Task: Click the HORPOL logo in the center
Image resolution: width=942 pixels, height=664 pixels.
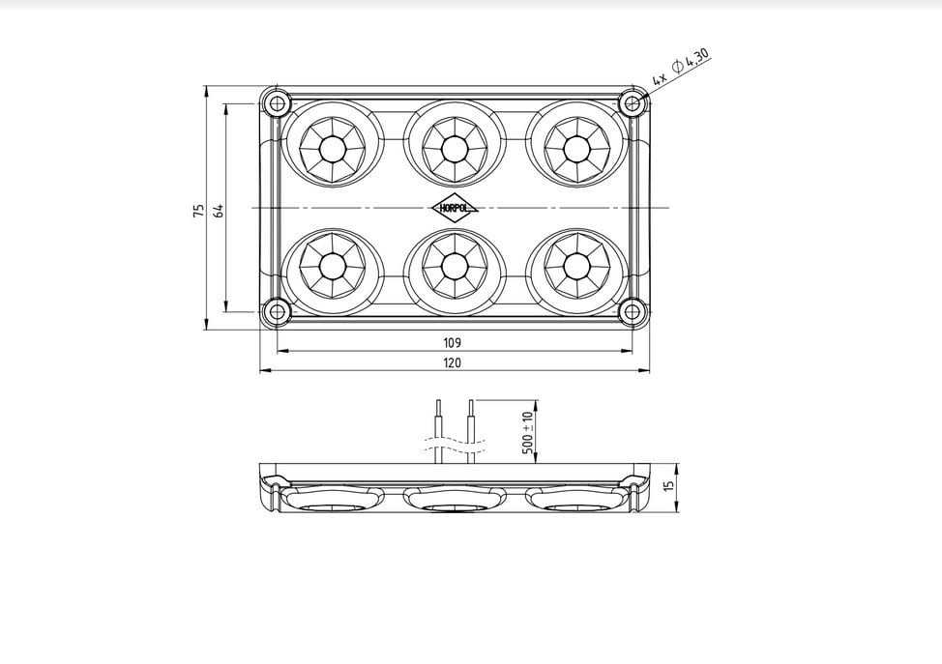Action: point(455,209)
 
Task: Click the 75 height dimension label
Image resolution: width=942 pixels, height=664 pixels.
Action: point(199,211)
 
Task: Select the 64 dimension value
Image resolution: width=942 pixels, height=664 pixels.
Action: point(219,211)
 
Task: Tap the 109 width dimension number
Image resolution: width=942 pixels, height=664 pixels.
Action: point(452,343)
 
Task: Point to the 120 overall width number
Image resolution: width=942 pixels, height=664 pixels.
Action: point(452,362)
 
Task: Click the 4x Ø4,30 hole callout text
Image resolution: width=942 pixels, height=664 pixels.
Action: point(681,66)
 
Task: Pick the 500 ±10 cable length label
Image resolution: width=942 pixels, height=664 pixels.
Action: point(527,432)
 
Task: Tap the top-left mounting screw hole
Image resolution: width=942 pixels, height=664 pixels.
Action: point(277,103)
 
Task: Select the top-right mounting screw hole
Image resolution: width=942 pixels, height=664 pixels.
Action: point(632,103)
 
